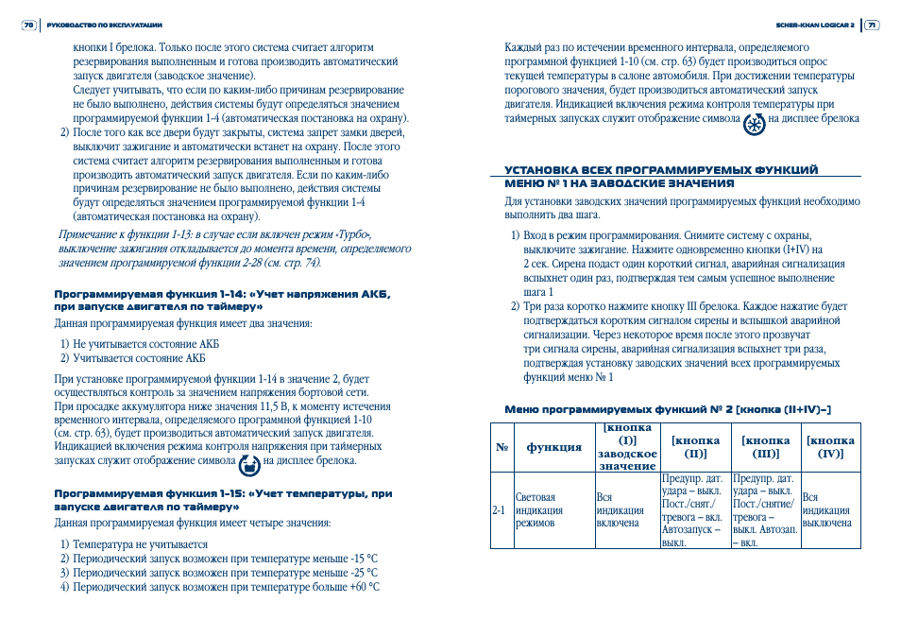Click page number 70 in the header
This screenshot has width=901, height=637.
tap(28, 25)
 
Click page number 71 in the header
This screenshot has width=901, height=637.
tap(872, 25)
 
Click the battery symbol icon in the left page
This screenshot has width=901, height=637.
tap(248, 462)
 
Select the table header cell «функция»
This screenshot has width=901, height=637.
tap(553, 447)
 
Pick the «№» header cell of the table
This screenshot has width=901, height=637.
tap(501, 447)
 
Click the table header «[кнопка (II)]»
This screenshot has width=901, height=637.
tap(695, 447)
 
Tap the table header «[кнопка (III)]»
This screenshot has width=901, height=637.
tap(765, 447)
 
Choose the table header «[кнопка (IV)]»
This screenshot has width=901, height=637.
tap(831, 447)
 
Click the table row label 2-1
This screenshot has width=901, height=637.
tap(500, 510)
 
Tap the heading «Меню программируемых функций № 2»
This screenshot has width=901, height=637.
tap(668, 409)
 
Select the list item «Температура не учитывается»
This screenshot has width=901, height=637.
tap(140, 544)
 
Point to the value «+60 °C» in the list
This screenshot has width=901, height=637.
tap(365, 587)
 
